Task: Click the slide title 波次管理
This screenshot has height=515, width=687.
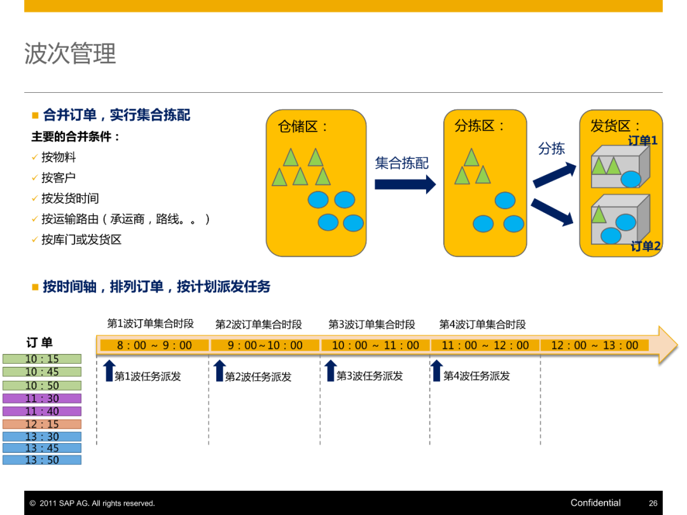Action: (x=70, y=53)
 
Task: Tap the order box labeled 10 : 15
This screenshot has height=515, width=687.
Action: (x=42, y=359)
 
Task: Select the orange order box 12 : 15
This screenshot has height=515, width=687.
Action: (x=42, y=424)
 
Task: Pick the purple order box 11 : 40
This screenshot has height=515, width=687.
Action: (x=42, y=411)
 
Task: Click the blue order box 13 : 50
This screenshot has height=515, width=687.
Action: (x=42, y=460)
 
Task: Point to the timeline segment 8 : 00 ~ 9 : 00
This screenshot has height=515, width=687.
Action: (x=154, y=345)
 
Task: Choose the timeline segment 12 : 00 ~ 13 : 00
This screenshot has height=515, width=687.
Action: (x=594, y=345)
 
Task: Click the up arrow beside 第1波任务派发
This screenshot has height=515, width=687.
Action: (x=109, y=370)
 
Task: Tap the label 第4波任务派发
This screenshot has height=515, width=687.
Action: (x=476, y=376)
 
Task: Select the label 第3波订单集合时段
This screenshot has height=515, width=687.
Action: (x=371, y=324)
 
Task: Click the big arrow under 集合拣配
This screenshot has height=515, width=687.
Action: (x=405, y=184)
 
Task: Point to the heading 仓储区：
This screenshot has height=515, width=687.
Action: (x=303, y=126)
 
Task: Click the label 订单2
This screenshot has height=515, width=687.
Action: (x=645, y=246)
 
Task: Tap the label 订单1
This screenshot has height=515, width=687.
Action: (x=642, y=141)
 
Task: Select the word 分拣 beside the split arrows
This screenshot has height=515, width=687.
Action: (x=552, y=148)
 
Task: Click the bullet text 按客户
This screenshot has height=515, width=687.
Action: (x=59, y=178)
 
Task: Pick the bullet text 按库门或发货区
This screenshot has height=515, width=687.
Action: (x=81, y=240)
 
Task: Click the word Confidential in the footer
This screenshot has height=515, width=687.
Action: (x=595, y=503)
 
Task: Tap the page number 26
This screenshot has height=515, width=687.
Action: (x=653, y=503)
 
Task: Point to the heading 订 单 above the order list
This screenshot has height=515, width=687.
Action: (x=39, y=343)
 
